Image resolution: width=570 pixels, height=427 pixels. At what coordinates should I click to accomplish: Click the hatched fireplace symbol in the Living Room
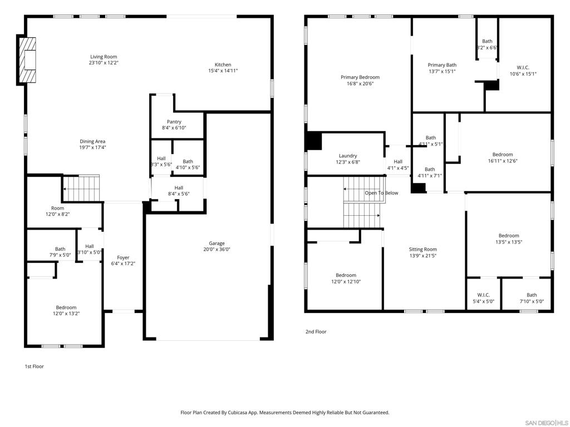pyautogui.click(x=27, y=59)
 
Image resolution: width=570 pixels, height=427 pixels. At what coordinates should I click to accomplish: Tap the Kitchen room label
pyautogui.click(x=223, y=64)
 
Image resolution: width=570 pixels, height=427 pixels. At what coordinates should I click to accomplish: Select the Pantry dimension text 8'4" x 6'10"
pyautogui.click(x=174, y=128)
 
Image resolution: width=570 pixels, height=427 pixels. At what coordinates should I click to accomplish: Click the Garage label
pyautogui.click(x=217, y=244)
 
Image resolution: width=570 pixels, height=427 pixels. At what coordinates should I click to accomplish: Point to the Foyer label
pyautogui.click(x=123, y=257)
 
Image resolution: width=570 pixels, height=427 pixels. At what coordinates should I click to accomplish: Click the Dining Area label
pyautogui.click(x=93, y=141)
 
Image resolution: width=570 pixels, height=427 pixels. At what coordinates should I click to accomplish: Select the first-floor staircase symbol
pyautogui.click(x=81, y=188)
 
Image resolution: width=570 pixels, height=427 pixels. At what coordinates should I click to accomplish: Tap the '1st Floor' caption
pyautogui.click(x=34, y=366)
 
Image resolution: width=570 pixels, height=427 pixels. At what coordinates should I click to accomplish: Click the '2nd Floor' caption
pyautogui.click(x=316, y=331)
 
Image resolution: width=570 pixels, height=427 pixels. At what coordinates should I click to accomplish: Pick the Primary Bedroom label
pyautogui.click(x=360, y=77)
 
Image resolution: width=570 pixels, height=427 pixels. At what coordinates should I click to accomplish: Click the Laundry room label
pyautogui.click(x=348, y=156)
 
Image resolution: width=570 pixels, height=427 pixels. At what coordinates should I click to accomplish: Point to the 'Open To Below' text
pyautogui.click(x=382, y=193)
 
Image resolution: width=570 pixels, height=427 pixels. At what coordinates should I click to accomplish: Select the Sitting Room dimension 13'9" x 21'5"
pyautogui.click(x=423, y=256)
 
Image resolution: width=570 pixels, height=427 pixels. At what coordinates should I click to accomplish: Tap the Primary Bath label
pyautogui.click(x=442, y=65)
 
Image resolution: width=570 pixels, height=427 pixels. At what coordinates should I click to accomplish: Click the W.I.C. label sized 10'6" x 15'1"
pyautogui.click(x=523, y=67)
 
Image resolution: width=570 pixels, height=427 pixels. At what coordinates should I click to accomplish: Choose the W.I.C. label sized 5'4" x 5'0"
pyautogui.click(x=484, y=295)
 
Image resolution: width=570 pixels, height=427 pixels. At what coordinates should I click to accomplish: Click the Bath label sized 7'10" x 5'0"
pyautogui.click(x=532, y=295)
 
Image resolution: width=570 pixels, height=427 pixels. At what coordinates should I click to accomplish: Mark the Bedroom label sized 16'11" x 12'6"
pyautogui.click(x=503, y=155)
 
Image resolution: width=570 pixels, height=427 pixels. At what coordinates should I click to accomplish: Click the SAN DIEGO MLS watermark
pyautogui.click(x=547, y=423)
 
